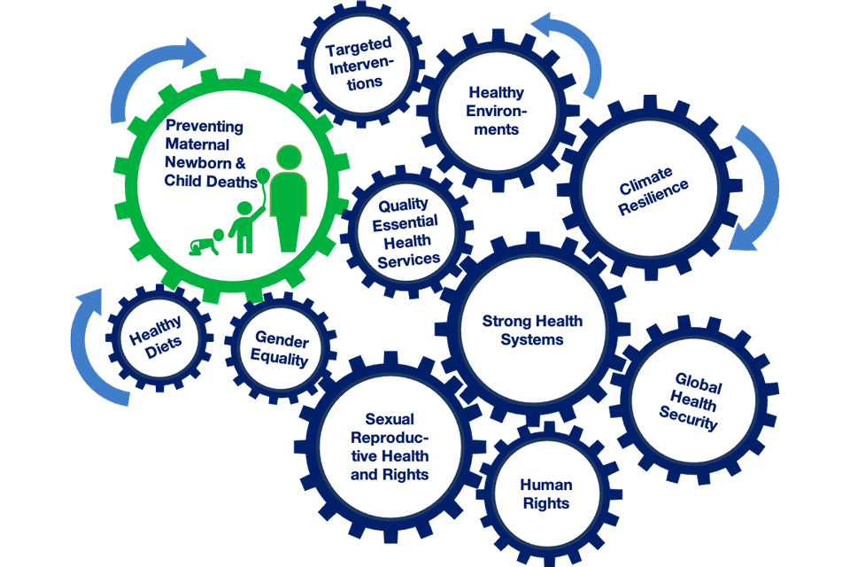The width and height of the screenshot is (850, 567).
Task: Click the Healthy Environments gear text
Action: click(497, 110)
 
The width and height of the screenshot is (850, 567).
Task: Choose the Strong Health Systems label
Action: click(532, 330)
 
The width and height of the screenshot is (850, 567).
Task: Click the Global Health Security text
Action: click(698, 401)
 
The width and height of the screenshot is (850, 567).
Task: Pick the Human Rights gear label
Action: click(545, 494)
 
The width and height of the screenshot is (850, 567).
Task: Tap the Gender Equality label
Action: click(281, 349)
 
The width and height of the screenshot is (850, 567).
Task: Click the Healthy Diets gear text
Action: click(157, 337)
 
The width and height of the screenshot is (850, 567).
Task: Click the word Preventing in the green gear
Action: click(204, 126)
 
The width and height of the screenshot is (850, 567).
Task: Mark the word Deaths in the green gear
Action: click(232, 180)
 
